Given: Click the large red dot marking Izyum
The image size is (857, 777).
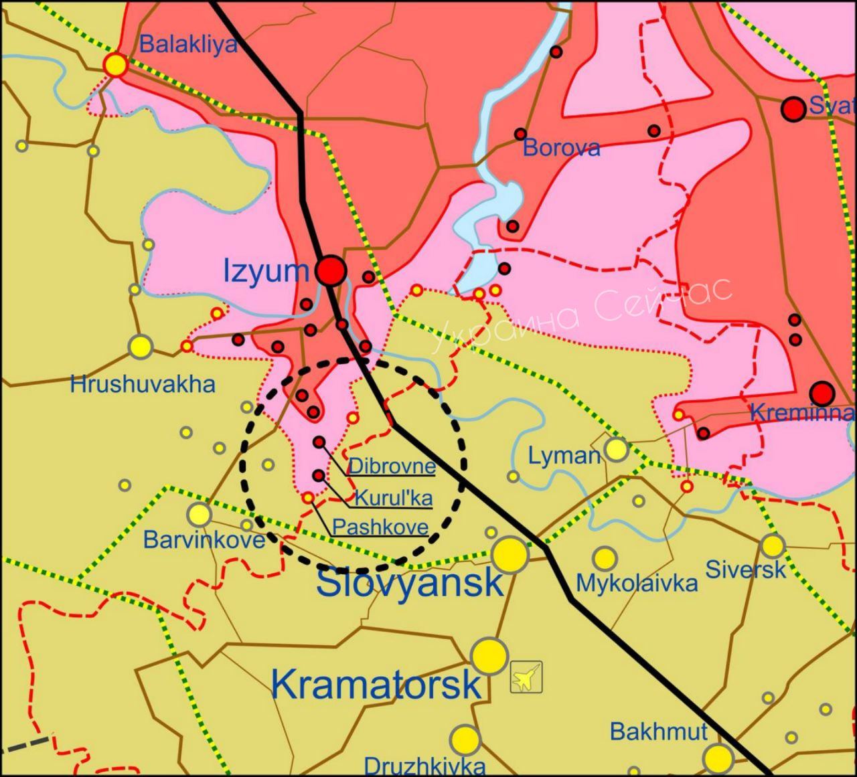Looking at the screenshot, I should [x=331, y=270].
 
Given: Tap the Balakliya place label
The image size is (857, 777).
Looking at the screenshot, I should [x=189, y=45].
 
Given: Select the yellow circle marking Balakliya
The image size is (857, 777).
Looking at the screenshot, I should [x=116, y=65].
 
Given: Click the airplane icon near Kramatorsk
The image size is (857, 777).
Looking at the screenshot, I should [x=526, y=677].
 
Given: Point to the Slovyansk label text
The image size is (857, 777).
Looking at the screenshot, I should [x=409, y=582].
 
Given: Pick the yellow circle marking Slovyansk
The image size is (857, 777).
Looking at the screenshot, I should [x=510, y=555].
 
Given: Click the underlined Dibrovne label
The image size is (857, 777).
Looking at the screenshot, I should [x=392, y=466].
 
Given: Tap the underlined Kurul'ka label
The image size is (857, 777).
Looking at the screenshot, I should [x=393, y=498].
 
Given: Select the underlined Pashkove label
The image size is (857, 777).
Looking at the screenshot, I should [x=380, y=527].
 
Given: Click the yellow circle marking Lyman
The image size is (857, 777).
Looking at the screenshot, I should [x=616, y=450].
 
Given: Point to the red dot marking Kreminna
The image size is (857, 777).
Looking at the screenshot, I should [x=822, y=392].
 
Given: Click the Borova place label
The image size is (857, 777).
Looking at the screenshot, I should [x=561, y=148].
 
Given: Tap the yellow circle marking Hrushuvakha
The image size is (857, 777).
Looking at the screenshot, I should [x=141, y=347].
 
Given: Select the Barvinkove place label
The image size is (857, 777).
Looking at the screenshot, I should [x=204, y=539].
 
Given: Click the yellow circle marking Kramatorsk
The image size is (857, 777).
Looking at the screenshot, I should [x=489, y=657].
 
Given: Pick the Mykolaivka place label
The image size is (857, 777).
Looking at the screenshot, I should [x=637, y=584].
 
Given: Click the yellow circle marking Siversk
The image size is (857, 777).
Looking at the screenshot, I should [x=772, y=546].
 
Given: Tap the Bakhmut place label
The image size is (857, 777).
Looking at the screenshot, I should [x=658, y=731].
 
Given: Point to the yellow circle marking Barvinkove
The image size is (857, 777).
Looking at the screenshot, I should [x=199, y=514].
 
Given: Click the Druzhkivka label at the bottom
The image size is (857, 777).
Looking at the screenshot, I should [x=424, y=766].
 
